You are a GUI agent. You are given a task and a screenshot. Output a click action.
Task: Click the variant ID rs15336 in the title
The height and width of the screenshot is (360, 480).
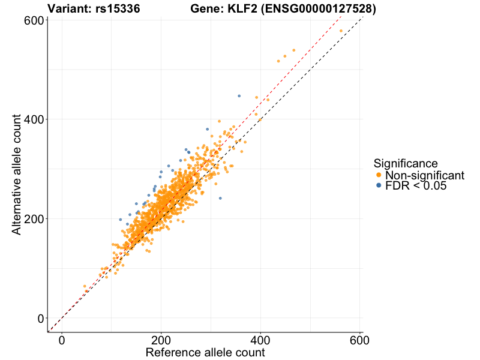[118, 9]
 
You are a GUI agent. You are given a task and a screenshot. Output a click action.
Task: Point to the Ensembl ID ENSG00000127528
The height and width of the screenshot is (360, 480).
[317, 9]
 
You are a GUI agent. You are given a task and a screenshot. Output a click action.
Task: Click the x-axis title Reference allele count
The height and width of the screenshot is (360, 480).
[205, 352]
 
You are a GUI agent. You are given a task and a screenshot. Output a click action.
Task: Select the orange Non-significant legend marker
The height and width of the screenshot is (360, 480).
[378, 175]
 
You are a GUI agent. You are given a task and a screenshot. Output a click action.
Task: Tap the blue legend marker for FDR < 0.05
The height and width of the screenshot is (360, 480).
[378, 186]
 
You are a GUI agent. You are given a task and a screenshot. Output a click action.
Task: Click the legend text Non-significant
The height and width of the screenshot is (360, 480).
[425, 175]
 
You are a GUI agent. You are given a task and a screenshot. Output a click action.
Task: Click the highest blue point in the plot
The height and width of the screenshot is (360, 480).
[239, 96]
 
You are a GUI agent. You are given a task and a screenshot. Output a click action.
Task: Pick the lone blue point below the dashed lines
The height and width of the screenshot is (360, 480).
[220, 198]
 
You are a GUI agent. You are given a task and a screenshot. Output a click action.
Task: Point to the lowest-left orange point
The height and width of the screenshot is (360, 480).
[85, 286]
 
